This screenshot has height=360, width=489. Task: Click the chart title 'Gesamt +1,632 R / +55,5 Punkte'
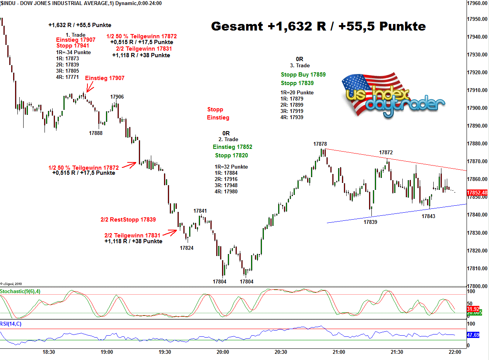point(318,26)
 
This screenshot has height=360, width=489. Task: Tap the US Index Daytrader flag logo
point(393,94)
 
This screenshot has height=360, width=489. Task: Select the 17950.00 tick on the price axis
point(477,19)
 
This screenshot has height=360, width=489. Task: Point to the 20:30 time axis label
point(281,352)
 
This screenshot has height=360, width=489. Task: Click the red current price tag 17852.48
point(477,193)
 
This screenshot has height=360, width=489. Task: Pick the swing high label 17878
point(320,144)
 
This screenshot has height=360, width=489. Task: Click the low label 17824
point(186,248)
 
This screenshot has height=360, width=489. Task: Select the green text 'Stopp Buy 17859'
point(303,75)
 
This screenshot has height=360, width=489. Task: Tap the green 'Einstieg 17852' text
point(232,147)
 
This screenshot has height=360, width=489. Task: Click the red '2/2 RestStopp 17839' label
point(128,220)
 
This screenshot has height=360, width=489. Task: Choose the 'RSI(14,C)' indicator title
point(11,324)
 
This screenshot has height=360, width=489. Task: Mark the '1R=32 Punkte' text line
point(231,167)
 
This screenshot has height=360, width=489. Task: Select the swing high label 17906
point(117,97)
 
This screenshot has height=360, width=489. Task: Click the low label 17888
point(96,133)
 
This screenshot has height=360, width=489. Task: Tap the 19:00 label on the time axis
point(107,352)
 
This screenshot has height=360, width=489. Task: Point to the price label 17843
point(428,216)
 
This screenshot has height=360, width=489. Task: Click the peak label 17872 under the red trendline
point(386,153)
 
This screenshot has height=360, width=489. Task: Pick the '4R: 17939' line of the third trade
point(292,117)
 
